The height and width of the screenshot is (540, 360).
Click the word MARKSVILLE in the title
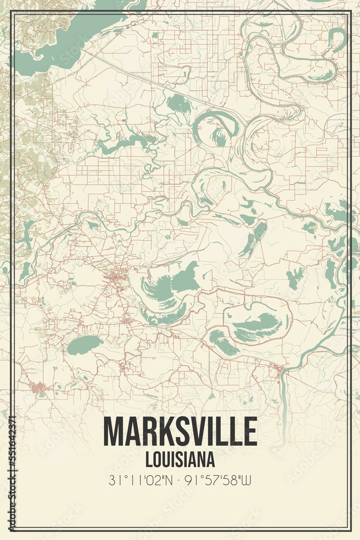pyautogui.click(x=180, y=432)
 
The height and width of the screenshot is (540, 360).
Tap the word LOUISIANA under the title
pyautogui.click(x=180, y=460)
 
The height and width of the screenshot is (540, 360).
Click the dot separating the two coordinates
pyautogui.click(x=180, y=480)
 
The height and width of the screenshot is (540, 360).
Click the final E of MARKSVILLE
pyautogui.click(x=250, y=432)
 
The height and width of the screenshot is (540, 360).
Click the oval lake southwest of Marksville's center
pyautogui.click(x=85, y=344)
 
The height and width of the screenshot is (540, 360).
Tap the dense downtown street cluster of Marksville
pyautogui.click(x=116, y=279)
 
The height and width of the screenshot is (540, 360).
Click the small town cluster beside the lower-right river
pyautogui.click(x=278, y=369)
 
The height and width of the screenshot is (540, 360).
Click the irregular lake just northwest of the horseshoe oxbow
pyautogui.click(x=178, y=104)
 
